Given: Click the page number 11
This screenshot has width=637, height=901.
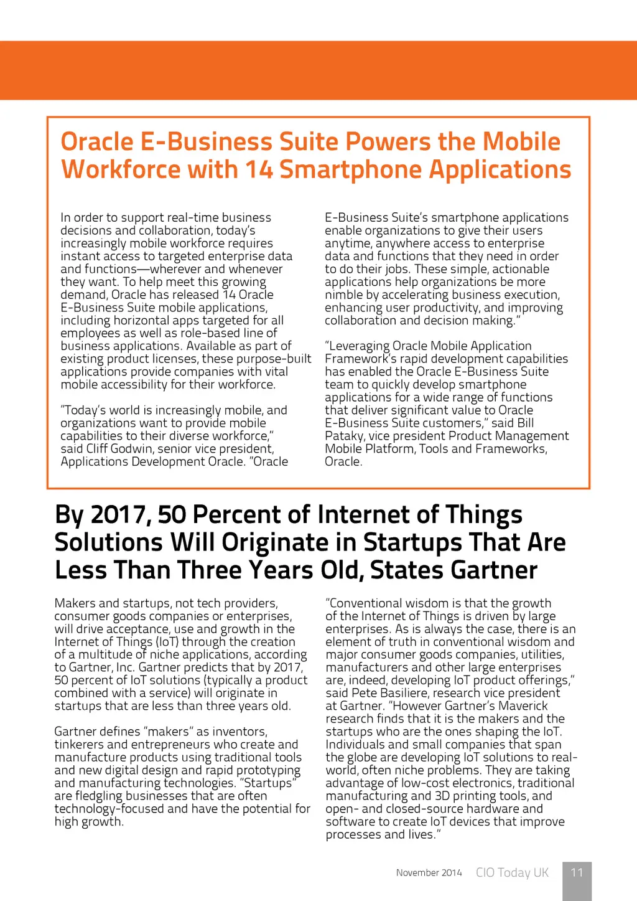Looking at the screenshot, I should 577,872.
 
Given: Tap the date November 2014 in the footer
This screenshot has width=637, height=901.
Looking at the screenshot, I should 429,873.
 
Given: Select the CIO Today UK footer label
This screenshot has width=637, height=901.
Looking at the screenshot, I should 512,873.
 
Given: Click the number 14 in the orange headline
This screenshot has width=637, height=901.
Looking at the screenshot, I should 258,170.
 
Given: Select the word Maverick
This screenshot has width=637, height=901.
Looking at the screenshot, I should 524,706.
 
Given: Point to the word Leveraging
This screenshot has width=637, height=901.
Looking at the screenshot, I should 362,346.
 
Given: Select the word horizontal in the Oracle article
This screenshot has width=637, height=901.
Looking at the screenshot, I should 137,321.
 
